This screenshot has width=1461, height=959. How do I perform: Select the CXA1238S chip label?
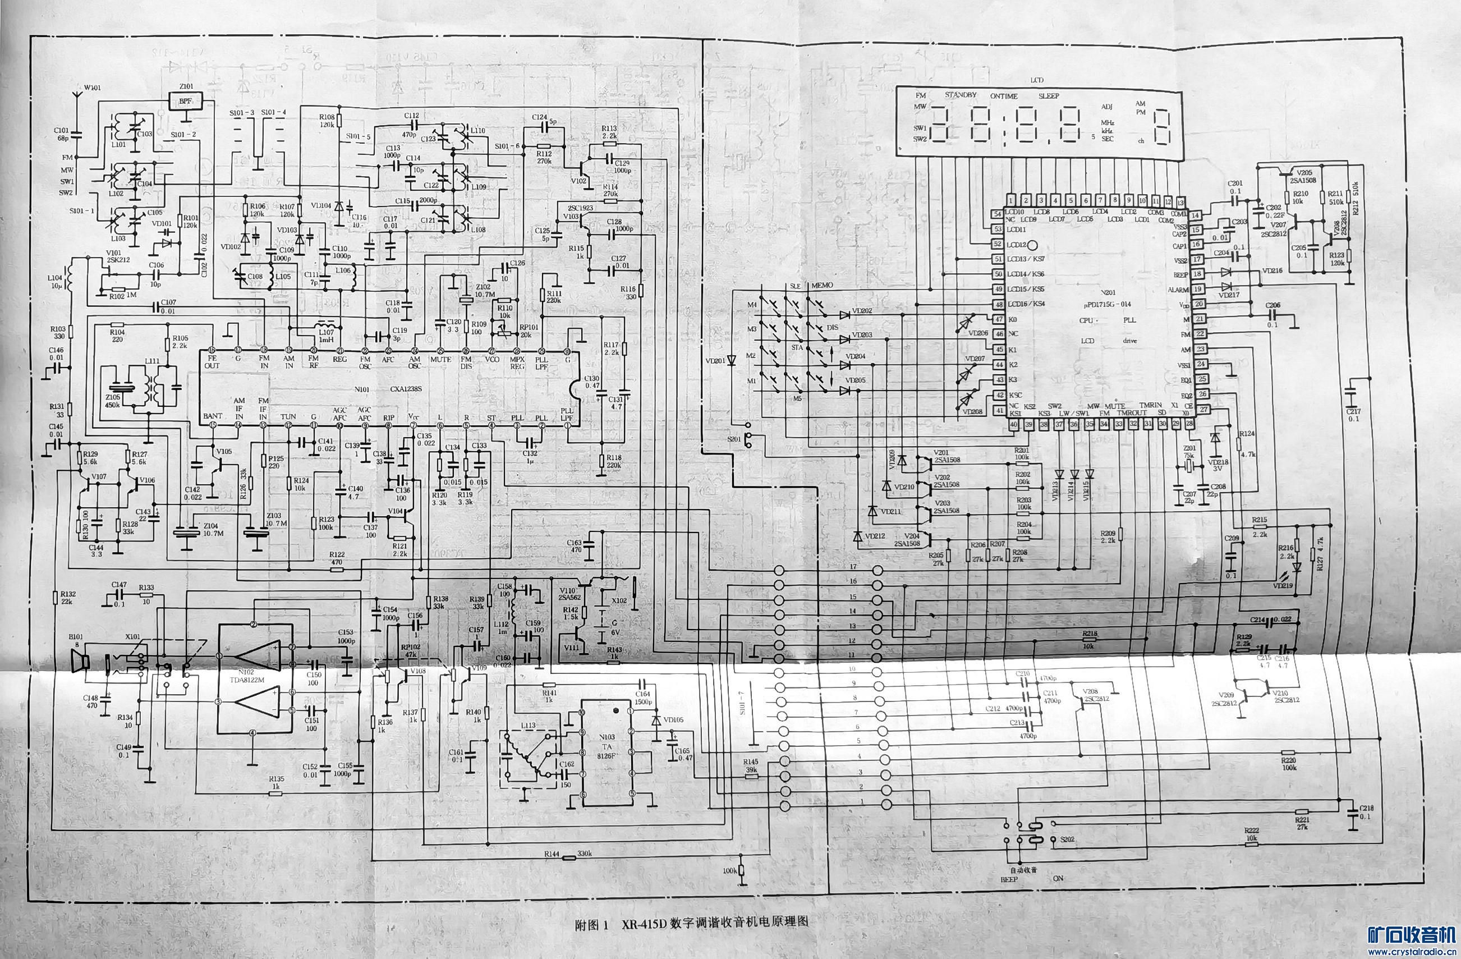(406, 389)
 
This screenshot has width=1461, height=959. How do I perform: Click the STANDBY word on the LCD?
(960, 95)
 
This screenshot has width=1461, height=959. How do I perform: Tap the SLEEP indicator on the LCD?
(1049, 97)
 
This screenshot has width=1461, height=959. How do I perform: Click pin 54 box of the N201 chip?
(998, 214)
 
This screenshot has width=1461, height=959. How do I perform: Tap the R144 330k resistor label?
(568, 854)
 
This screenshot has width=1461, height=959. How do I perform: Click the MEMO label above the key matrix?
(822, 286)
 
